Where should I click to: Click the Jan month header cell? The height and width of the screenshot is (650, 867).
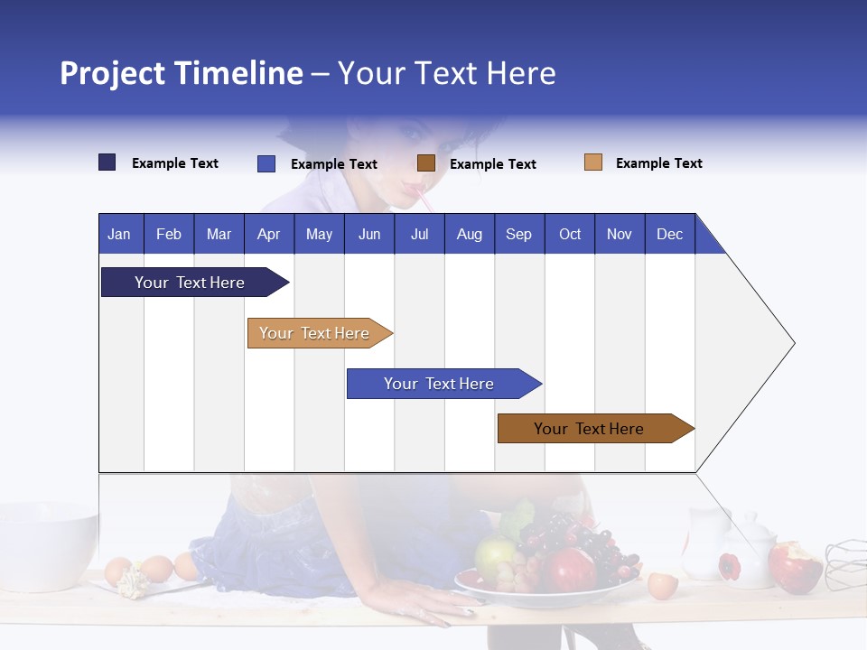(120, 234)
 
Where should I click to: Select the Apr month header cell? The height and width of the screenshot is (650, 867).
(269, 234)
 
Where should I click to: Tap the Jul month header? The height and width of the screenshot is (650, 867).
(419, 234)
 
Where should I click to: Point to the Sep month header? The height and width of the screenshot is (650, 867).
(518, 234)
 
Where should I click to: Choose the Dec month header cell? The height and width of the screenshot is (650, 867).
(669, 234)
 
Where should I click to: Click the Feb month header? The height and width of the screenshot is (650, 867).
(169, 234)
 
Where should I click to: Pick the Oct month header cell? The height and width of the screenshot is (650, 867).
(570, 234)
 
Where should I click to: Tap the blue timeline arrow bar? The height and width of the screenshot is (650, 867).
(440, 384)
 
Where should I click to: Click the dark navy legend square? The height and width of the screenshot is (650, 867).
(107, 162)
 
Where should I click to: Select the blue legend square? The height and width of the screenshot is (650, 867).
(266, 163)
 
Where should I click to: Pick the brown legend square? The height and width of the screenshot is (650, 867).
(426, 163)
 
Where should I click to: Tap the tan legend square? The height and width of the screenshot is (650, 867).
(593, 162)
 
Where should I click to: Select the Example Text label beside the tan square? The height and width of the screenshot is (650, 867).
(658, 163)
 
